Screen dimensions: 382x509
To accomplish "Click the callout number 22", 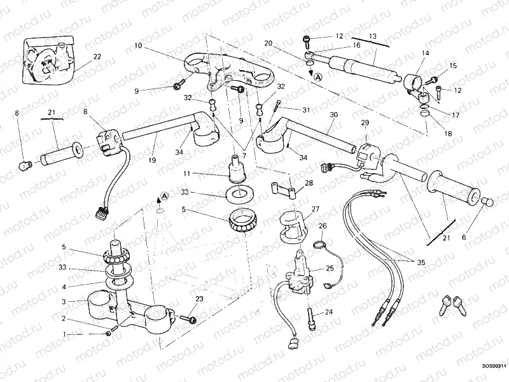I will (97, 57).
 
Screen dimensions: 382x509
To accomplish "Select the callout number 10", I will (138, 46).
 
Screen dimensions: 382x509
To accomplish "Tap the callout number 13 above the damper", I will (372, 36).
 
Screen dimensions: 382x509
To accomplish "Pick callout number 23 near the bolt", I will (199, 299).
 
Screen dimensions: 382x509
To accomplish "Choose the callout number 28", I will (309, 184).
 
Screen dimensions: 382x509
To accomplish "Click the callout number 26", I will (323, 225).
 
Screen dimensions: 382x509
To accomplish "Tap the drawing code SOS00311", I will (493, 366).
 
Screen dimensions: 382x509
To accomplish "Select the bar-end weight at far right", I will (491, 202).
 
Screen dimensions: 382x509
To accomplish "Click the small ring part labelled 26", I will (319, 244).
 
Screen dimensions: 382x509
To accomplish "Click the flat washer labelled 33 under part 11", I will (237, 192).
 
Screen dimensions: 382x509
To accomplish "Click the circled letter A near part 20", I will (317, 76).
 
